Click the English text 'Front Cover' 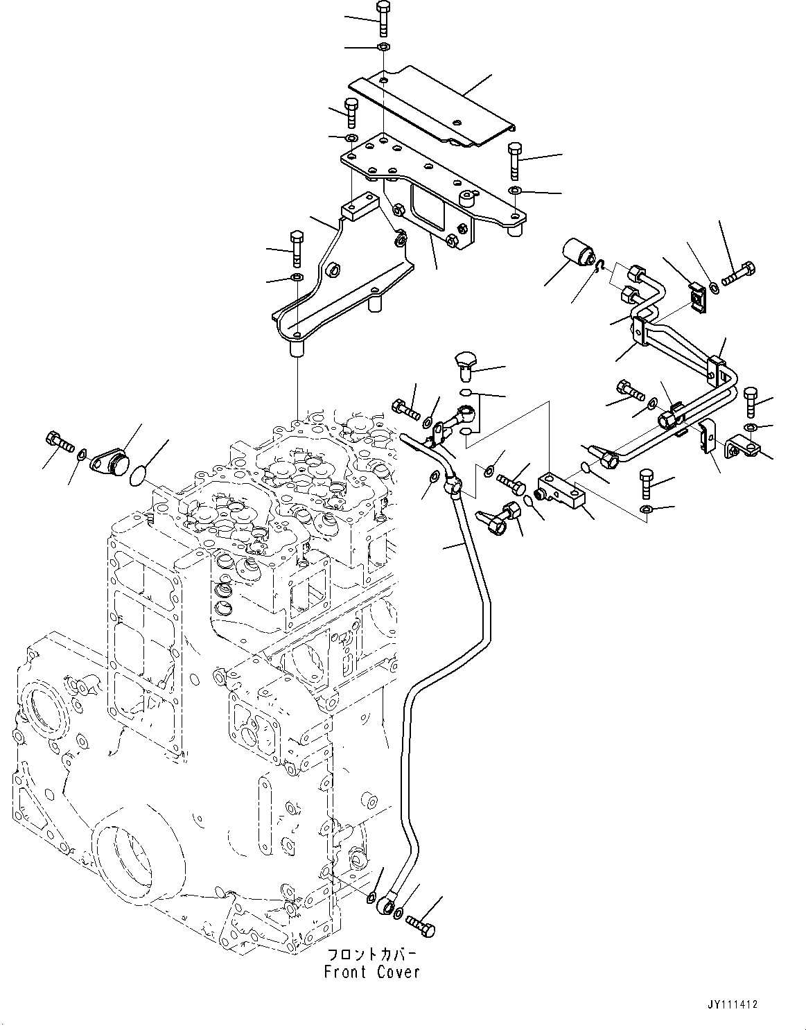pyautogui.click(x=371, y=972)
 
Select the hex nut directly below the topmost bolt pyautogui.click(x=383, y=47)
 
